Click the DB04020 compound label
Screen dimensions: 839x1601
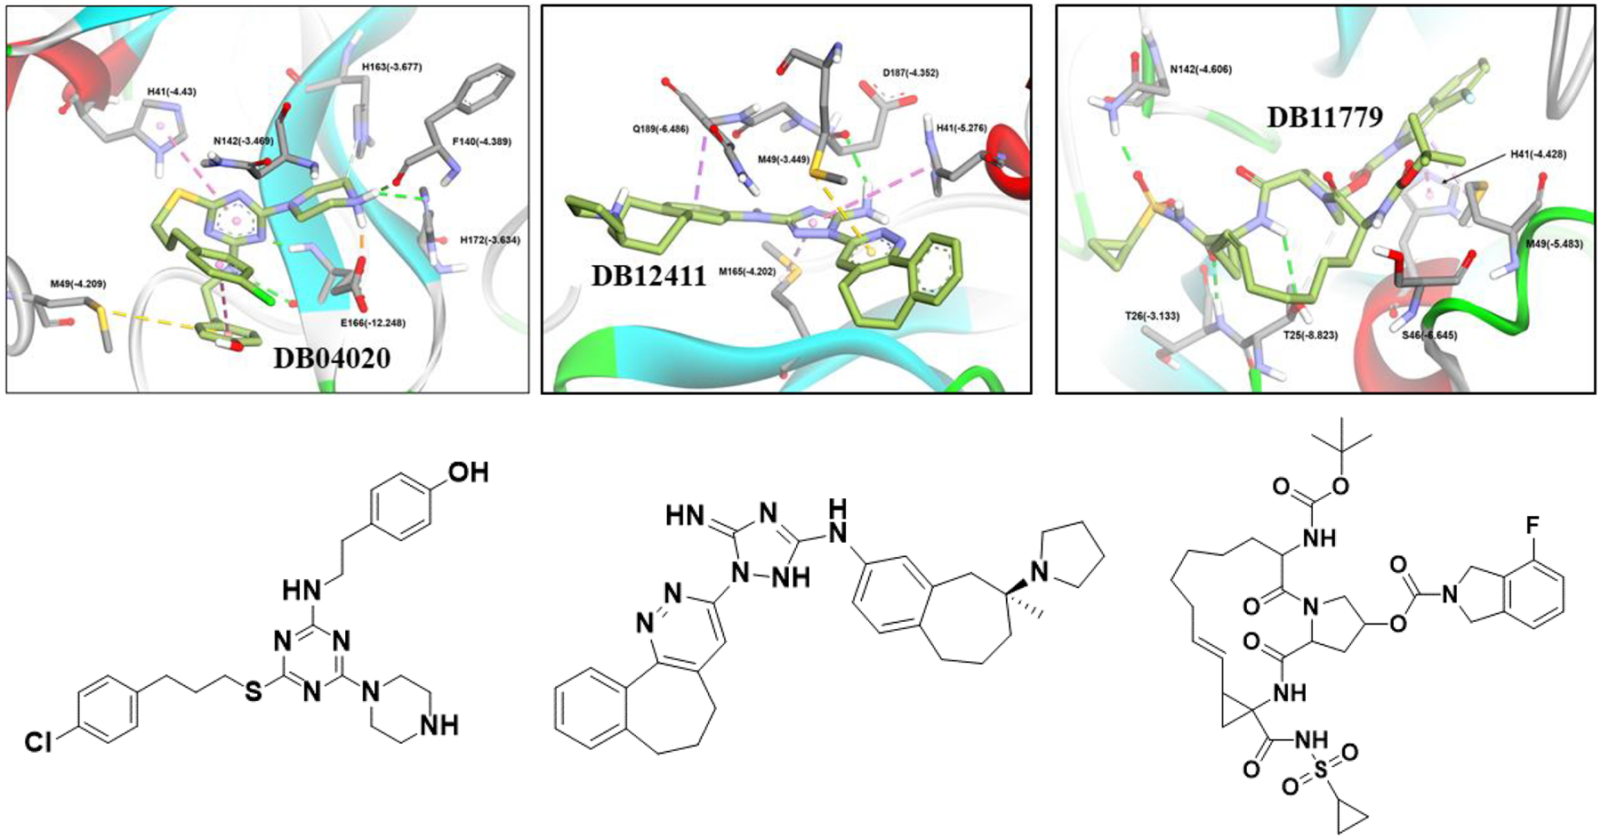[x=332, y=359]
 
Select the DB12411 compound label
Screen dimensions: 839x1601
[x=649, y=276]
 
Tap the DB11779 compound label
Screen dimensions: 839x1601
[x=1323, y=117]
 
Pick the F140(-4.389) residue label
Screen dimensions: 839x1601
[x=481, y=141]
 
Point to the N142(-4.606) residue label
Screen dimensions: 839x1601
[x=1201, y=69]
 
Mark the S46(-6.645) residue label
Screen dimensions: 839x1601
[x=1434, y=335]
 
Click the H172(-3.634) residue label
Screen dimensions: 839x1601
[x=490, y=240]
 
